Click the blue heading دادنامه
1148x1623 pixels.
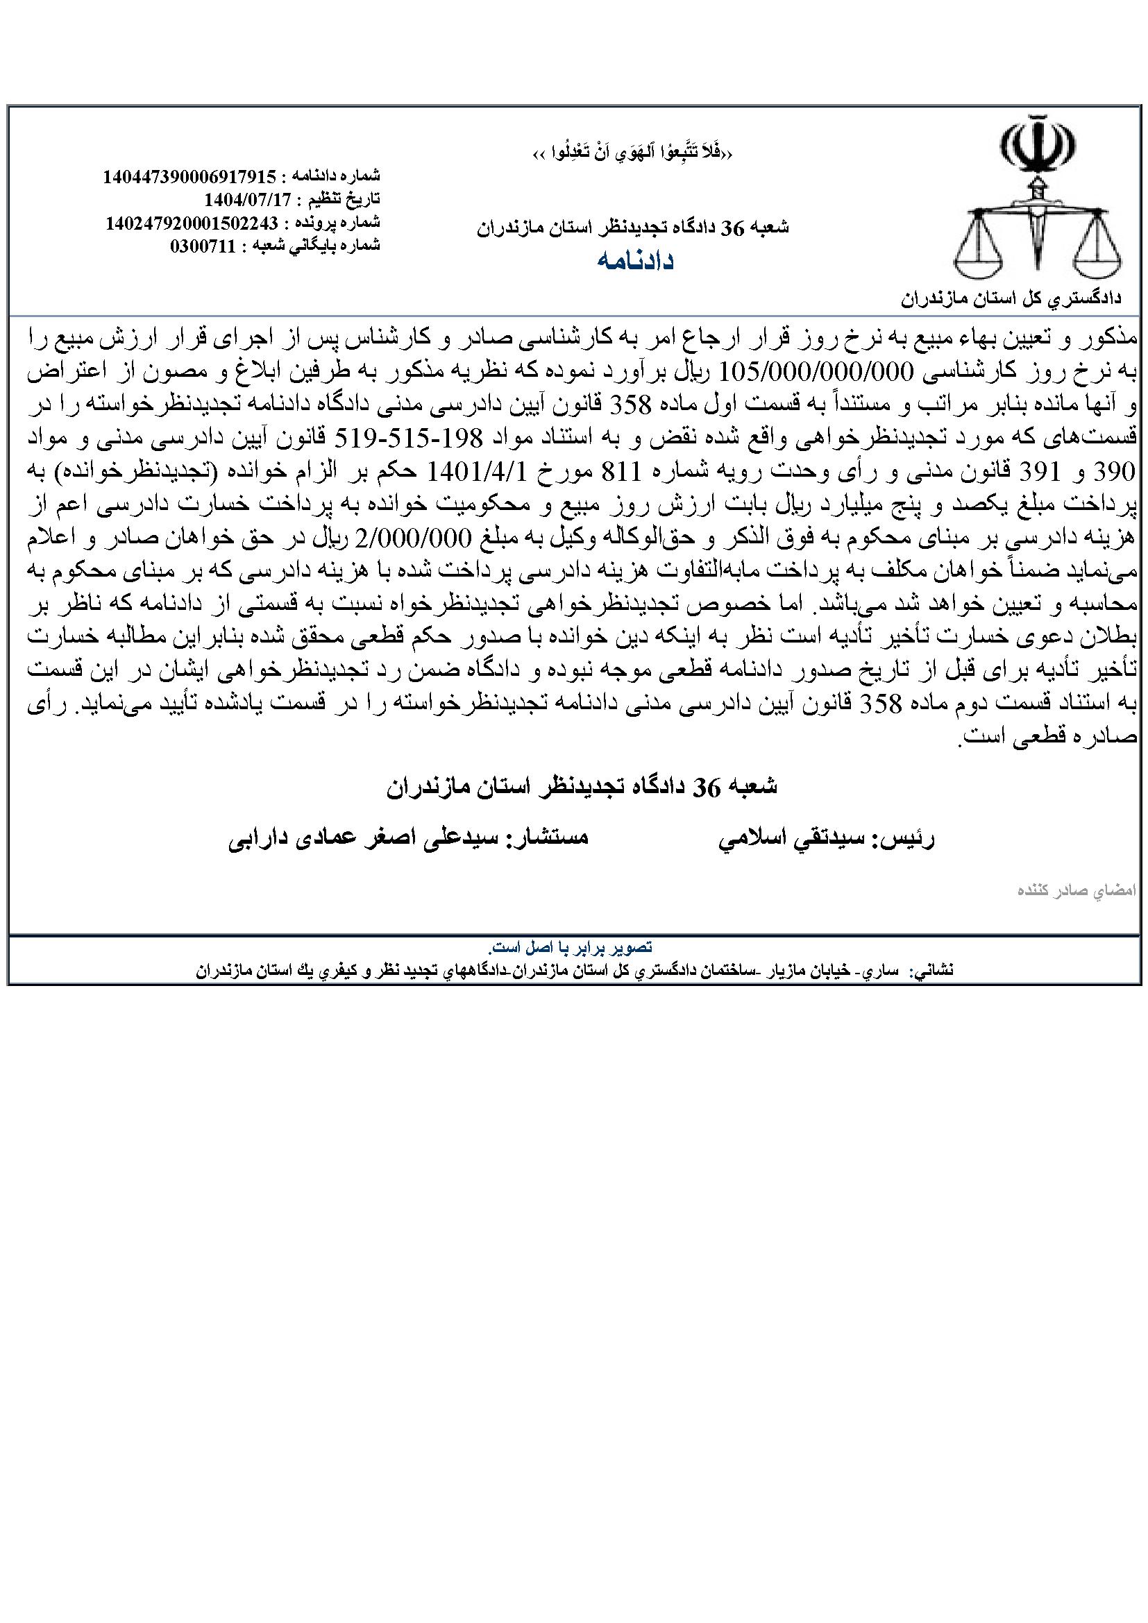[x=636, y=261]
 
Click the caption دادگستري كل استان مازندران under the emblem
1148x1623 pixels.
[x=1018, y=298]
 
